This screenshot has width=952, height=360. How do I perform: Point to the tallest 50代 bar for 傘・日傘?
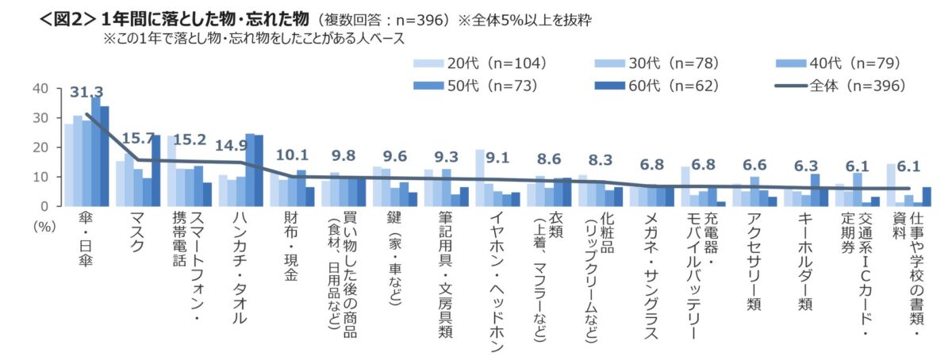[x=95, y=151]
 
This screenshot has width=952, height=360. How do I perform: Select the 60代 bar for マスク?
[x=155, y=170]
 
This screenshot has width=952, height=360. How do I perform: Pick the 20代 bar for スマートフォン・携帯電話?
[x=171, y=170]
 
